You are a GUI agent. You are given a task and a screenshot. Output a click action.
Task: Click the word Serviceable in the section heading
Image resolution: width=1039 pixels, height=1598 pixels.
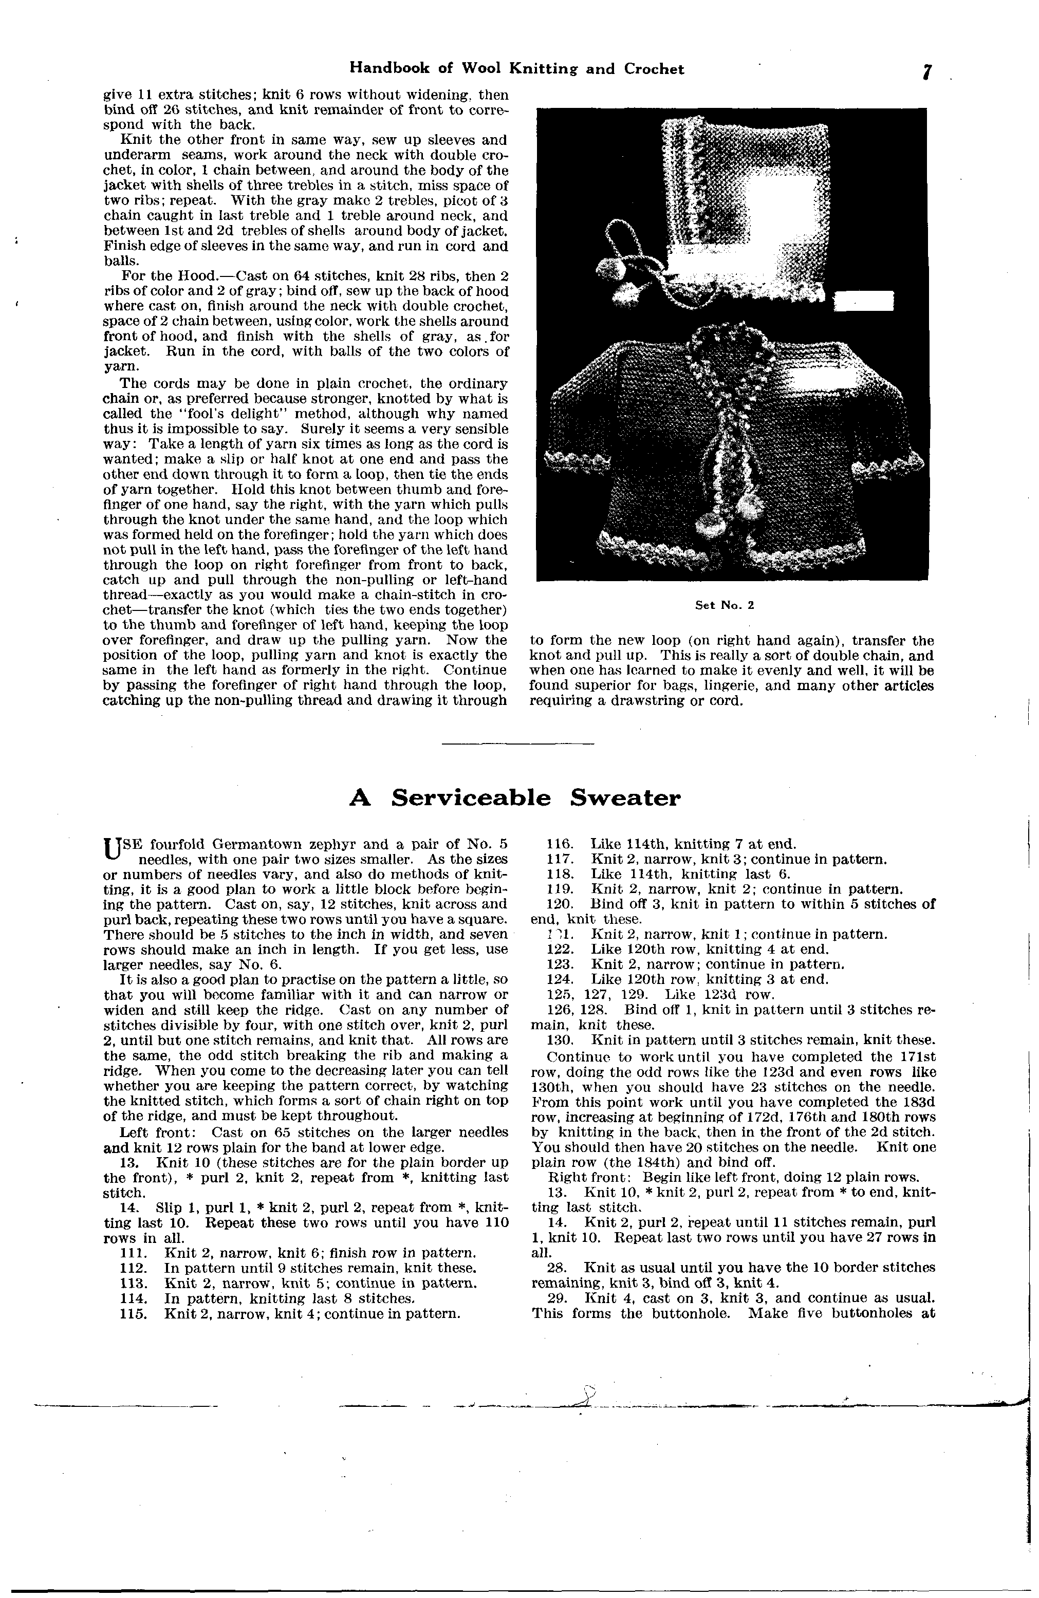471,797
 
